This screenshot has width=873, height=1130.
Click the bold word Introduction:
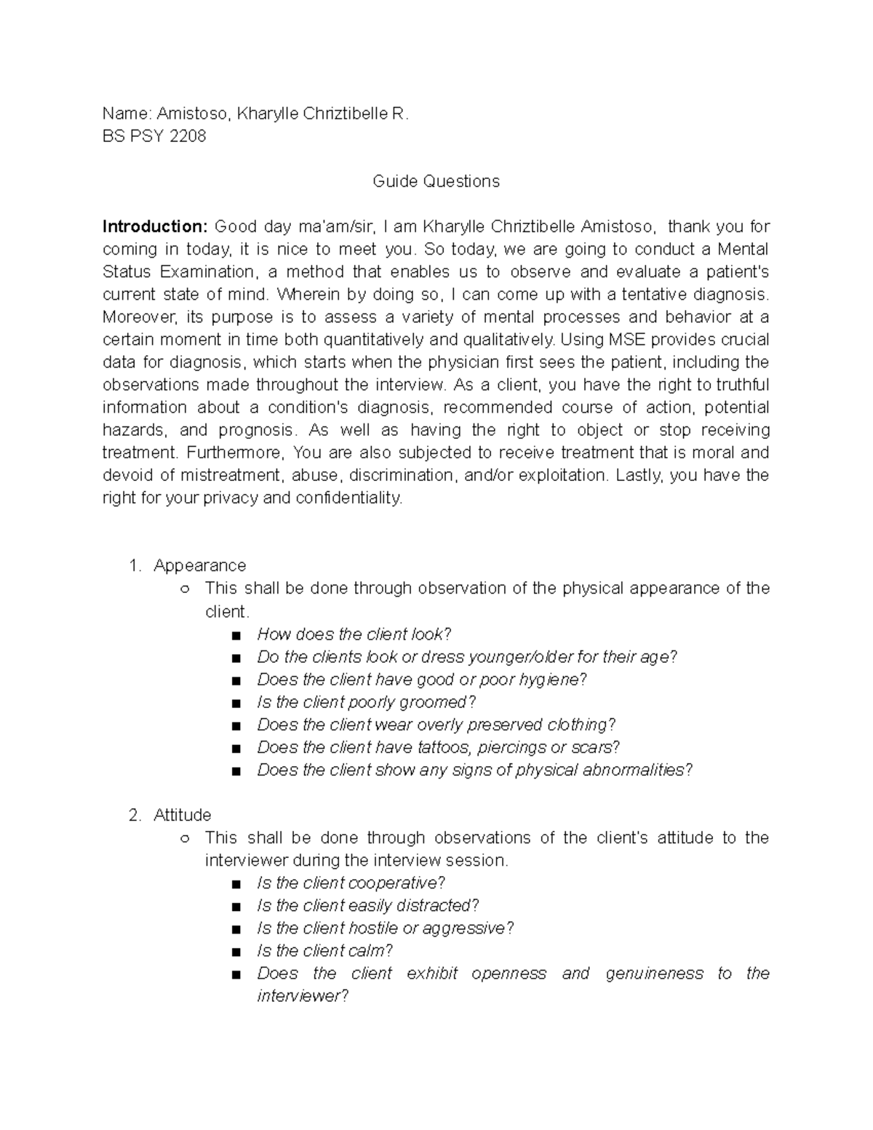pos(155,226)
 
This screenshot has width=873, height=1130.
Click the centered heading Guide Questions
pos(436,181)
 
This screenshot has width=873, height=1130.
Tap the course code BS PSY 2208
pos(154,136)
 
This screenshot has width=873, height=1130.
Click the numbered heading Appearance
pos(199,565)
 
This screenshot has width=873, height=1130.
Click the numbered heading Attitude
pos(182,815)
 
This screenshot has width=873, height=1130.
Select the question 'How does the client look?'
pos(354,634)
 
